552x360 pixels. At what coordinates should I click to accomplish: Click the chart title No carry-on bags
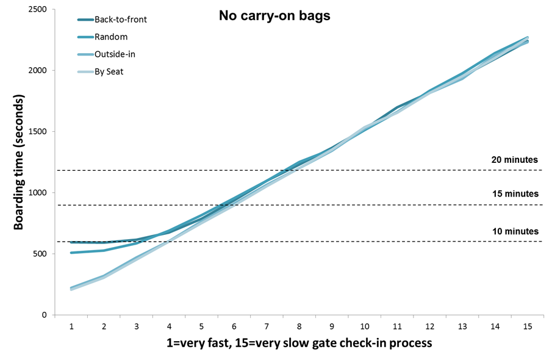(274, 16)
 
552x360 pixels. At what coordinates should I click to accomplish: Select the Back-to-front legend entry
(120, 20)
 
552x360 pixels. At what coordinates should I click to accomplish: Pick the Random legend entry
(110, 37)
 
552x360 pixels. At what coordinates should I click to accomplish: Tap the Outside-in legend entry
(115, 54)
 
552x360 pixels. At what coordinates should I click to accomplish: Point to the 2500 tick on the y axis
(37, 9)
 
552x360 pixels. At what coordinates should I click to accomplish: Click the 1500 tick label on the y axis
(37, 131)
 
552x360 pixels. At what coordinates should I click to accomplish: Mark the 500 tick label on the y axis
(40, 253)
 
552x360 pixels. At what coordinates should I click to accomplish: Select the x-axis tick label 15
(528, 326)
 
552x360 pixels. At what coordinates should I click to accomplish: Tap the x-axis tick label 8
(299, 326)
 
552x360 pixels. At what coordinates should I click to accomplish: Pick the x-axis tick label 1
(71, 326)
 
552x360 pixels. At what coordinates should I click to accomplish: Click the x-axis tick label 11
(397, 326)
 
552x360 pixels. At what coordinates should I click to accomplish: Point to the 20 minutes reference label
(515, 160)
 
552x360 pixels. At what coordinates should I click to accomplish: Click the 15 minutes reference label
(515, 194)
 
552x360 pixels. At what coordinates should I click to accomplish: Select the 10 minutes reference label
(515, 231)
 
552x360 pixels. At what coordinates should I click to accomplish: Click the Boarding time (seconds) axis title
(19, 162)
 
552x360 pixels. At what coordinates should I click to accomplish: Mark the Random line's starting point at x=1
(71, 252)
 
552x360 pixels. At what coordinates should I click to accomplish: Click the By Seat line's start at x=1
(71, 289)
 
